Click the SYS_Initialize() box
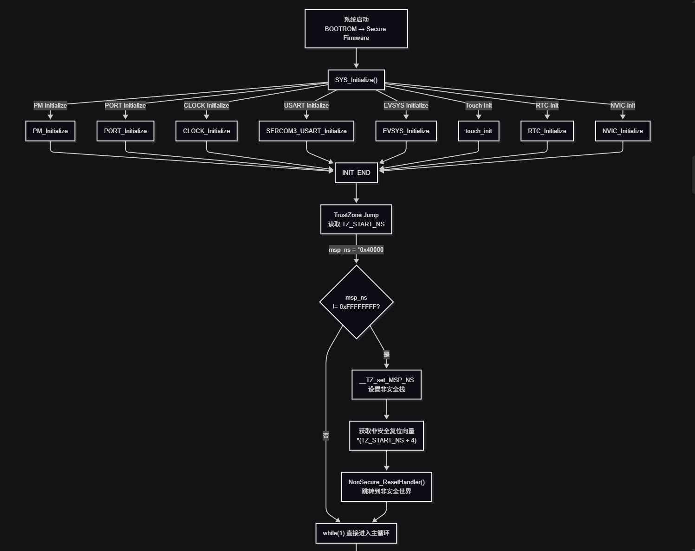(356, 80)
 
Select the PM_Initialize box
(51, 131)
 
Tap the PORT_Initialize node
(125, 131)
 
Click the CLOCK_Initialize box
(207, 131)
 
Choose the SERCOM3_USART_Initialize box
(306, 131)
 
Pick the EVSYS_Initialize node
(406, 131)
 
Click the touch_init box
(479, 131)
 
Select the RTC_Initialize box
(547, 131)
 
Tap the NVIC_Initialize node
(623, 131)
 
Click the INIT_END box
(356, 173)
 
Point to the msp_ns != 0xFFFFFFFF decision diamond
(357, 302)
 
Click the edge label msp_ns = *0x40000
(356, 250)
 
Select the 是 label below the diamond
(387, 354)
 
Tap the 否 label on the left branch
(326, 436)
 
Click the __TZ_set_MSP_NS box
(387, 384)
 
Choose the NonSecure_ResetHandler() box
(387, 487)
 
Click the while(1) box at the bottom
(356, 533)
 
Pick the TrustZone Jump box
(356, 219)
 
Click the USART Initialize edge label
(306, 105)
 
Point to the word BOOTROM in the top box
(340, 29)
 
